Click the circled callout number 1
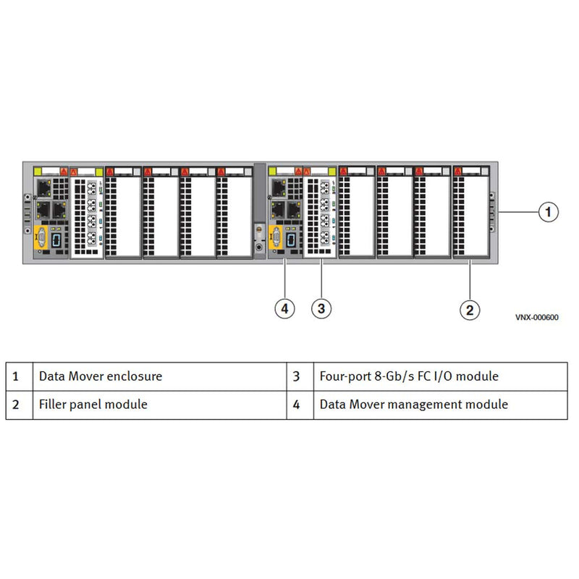tap(549, 211)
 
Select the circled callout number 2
tap(470, 310)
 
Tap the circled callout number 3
tap(322, 309)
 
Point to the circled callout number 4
tap(285, 309)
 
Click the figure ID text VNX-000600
tap(537, 317)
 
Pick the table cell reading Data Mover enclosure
tap(100, 376)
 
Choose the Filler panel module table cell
tap(93, 405)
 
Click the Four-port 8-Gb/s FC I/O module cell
tap(409, 376)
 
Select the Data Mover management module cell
tap(413, 405)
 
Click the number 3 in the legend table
tap(296, 376)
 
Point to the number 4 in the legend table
tap(296, 405)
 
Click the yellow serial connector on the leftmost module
tap(42, 237)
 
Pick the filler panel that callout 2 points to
tap(470, 214)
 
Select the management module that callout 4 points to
tap(285, 214)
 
